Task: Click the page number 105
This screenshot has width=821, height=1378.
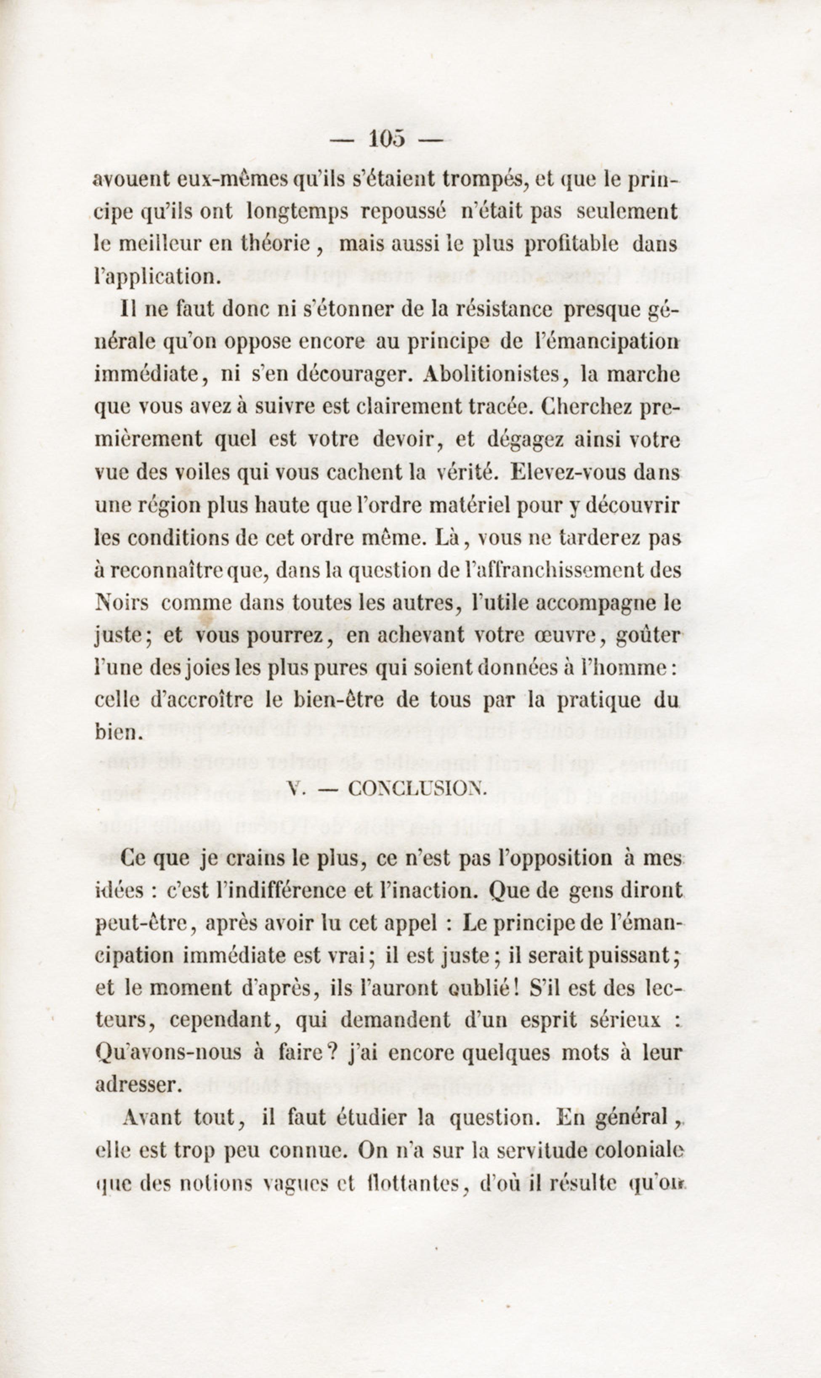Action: (x=387, y=139)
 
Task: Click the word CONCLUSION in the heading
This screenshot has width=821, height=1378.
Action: (x=418, y=789)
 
